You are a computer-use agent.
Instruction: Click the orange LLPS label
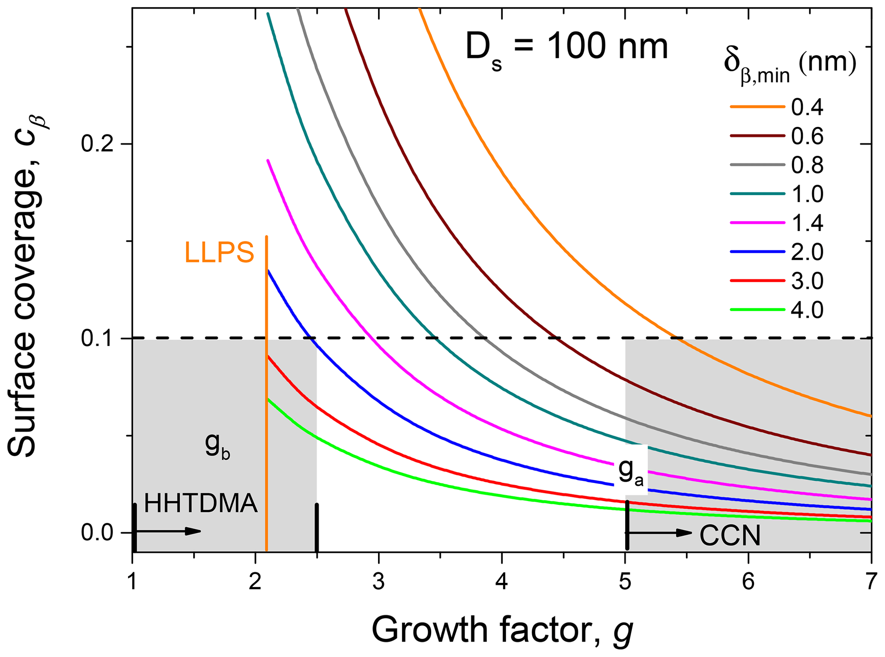pyautogui.click(x=219, y=252)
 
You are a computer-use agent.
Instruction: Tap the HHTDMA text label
pyautogui.click(x=201, y=503)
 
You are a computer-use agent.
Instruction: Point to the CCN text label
pyautogui.click(x=730, y=536)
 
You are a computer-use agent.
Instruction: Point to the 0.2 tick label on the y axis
pyautogui.click(x=99, y=144)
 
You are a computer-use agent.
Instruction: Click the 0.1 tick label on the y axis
pyautogui.click(x=99, y=339)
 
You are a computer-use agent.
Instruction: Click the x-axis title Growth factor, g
pyautogui.click(x=502, y=630)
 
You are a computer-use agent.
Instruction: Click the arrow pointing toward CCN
pyautogui.click(x=659, y=533)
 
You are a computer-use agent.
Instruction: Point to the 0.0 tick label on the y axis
pyautogui.click(x=99, y=533)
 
